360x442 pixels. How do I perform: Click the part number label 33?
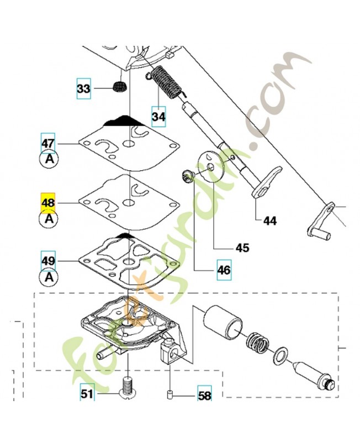(x=83, y=88)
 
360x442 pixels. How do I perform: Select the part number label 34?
(x=159, y=117)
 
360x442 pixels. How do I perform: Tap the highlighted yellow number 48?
(x=49, y=203)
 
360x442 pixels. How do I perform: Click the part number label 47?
(x=49, y=144)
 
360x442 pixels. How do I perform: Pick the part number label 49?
(x=49, y=260)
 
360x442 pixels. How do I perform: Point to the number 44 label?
(x=269, y=221)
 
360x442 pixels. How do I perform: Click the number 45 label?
(x=242, y=248)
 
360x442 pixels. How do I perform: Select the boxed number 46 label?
(x=224, y=270)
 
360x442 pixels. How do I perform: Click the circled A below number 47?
(x=49, y=159)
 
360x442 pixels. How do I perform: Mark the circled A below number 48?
(x=49, y=218)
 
